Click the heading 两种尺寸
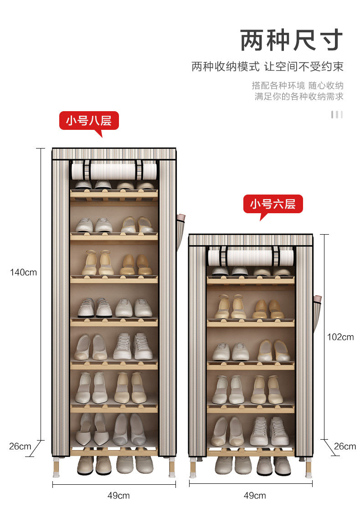click(292, 40)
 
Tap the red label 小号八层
click(89, 121)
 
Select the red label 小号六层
click(273, 204)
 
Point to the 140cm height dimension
click(23, 272)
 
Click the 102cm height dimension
click(340, 337)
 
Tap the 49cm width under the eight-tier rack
click(118, 495)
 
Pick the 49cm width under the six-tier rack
click(255, 495)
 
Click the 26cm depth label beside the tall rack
click(20, 446)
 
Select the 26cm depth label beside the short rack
click(345, 446)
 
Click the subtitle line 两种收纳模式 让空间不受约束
click(267, 67)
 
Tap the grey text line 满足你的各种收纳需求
click(299, 97)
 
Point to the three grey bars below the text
click(337, 114)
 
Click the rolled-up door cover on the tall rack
click(114, 171)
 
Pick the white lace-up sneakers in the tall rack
click(133, 346)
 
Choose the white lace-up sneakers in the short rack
click(269, 431)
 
